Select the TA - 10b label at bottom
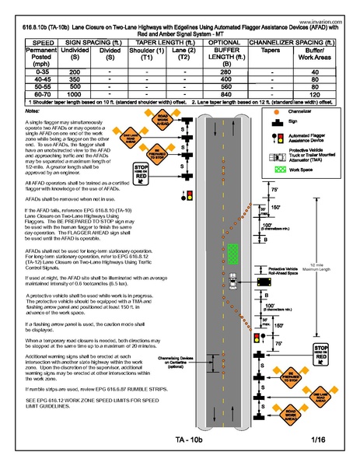[190, 441]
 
